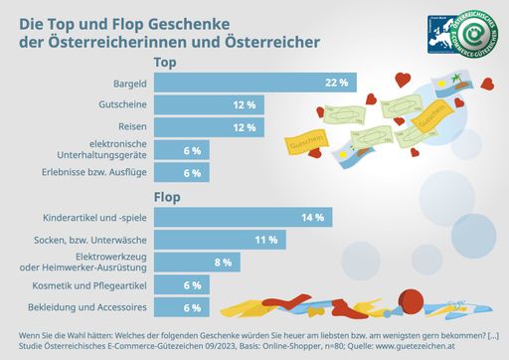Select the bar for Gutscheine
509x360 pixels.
click(x=209, y=104)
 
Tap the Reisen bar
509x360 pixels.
click(x=209, y=127)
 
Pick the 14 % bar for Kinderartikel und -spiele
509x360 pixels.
click(x=243, y=217)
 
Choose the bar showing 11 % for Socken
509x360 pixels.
click(x=219, y=240)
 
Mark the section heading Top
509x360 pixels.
click(x=165, y=62)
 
